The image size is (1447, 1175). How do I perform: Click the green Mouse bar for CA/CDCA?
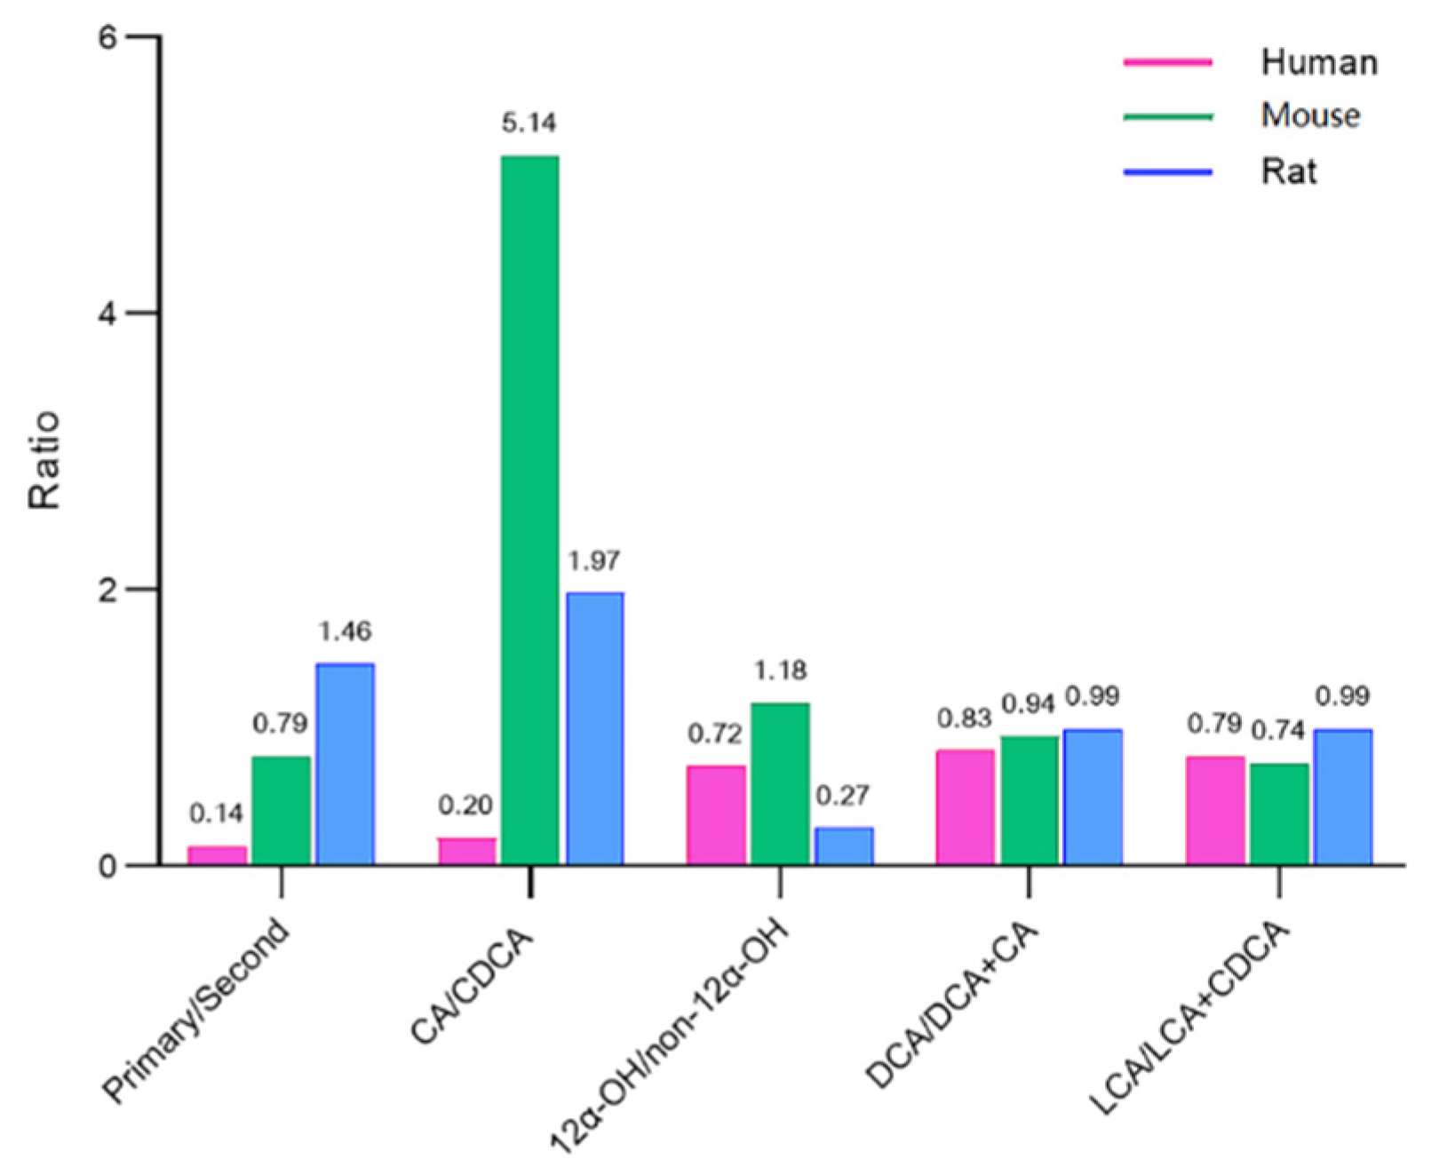pyautogui.click(x=529, y=510)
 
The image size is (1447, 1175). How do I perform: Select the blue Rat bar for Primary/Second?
pyautogui.click(x=345, y=764)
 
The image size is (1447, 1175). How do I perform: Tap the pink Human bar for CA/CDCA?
pyautogui.click(x=466, y=851)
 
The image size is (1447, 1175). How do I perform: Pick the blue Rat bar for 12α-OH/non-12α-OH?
pyautogui.click(x=844, y=846)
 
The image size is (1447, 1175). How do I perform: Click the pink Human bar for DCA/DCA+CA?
pyautogui.click(x=965, y=806)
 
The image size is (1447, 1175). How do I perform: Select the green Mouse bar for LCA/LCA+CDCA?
pyautogui.click(x=1279, y=813)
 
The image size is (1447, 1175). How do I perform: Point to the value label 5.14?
pyautogui.click(x=529, y=123)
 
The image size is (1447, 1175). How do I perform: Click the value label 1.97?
pyautogui.click(x=593, y=560)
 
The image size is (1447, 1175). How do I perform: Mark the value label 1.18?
pyautogui.click(x=780, y=670)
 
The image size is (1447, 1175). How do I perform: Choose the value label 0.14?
pyautogui.click(x=216, y=813)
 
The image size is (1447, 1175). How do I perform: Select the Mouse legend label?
pyautogui.click(x=1310, y=115)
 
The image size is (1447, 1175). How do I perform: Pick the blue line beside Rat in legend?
pyautogui.click(x=1167, y=171)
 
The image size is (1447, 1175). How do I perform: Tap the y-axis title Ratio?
pyautogui.click(x=44, y=459)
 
